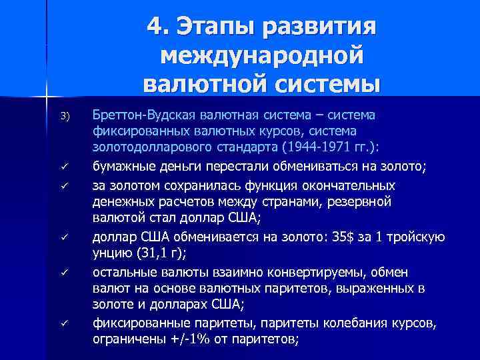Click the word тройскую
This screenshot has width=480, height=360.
(419, 238)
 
